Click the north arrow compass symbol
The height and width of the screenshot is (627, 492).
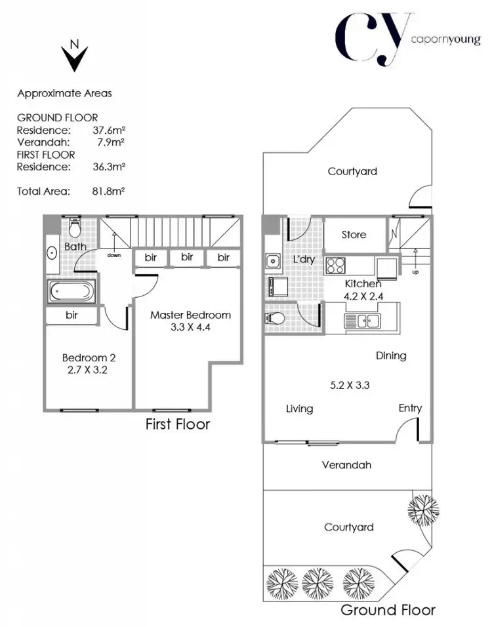point(75,57)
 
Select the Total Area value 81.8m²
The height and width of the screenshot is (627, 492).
point(109,192)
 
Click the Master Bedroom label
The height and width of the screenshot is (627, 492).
point(190,315)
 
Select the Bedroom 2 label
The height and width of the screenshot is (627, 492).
point(89,358)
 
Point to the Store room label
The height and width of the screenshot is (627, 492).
point(354,235)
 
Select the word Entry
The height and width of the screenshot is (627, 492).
point(410,408)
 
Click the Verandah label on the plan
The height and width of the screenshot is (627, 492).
point(347,465)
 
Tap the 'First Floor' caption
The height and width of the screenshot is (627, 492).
point(178,424)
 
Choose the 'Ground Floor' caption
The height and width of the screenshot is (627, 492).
point(388,610)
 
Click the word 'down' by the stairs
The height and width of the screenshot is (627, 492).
point(115,255)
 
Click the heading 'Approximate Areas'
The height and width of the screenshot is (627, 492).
point(64,93)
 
